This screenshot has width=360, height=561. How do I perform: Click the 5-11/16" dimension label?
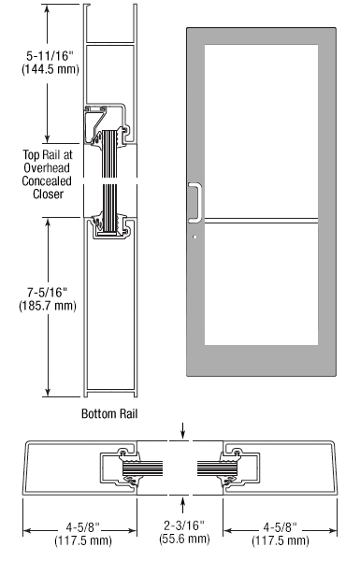pos(50,56)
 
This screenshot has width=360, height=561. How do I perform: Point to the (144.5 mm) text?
pos(50,68)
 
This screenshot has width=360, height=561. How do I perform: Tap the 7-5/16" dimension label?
pos(48,293)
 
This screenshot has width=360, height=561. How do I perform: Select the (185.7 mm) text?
pos(48,306)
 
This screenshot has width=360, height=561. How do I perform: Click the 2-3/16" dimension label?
pos(184,525)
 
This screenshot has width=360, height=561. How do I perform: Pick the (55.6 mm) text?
pos(184,539)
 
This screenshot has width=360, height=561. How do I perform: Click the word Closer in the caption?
pos(48,194)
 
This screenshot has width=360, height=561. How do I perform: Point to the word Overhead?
pos(47,167)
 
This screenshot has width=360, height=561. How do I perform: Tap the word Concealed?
pos(47,181)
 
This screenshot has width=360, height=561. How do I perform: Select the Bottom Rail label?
pos(109,413)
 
